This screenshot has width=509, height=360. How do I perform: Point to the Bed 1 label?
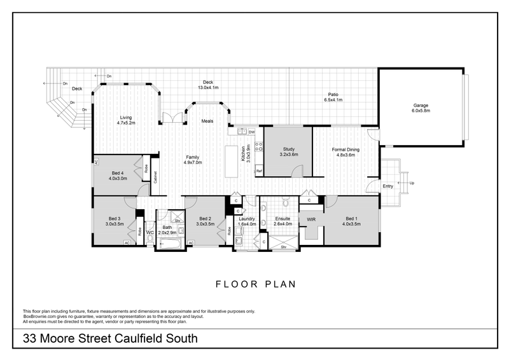(x=351, y=219)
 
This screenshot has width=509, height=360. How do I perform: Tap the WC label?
(x=150, y=233)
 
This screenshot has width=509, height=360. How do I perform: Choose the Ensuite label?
(x=282, y=220)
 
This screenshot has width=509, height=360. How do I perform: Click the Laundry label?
(x=246, y=220)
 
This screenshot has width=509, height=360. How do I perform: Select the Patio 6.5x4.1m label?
(x=333, y=97)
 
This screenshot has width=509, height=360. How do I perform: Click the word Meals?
(x=207, y=121)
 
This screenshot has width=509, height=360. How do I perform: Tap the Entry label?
(x=387, y=186)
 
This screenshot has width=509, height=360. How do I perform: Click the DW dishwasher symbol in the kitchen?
(x=252, y=132)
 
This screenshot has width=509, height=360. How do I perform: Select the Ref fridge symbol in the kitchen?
(x=259, y=171)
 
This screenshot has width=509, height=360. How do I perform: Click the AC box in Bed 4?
(x=95, y=162)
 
